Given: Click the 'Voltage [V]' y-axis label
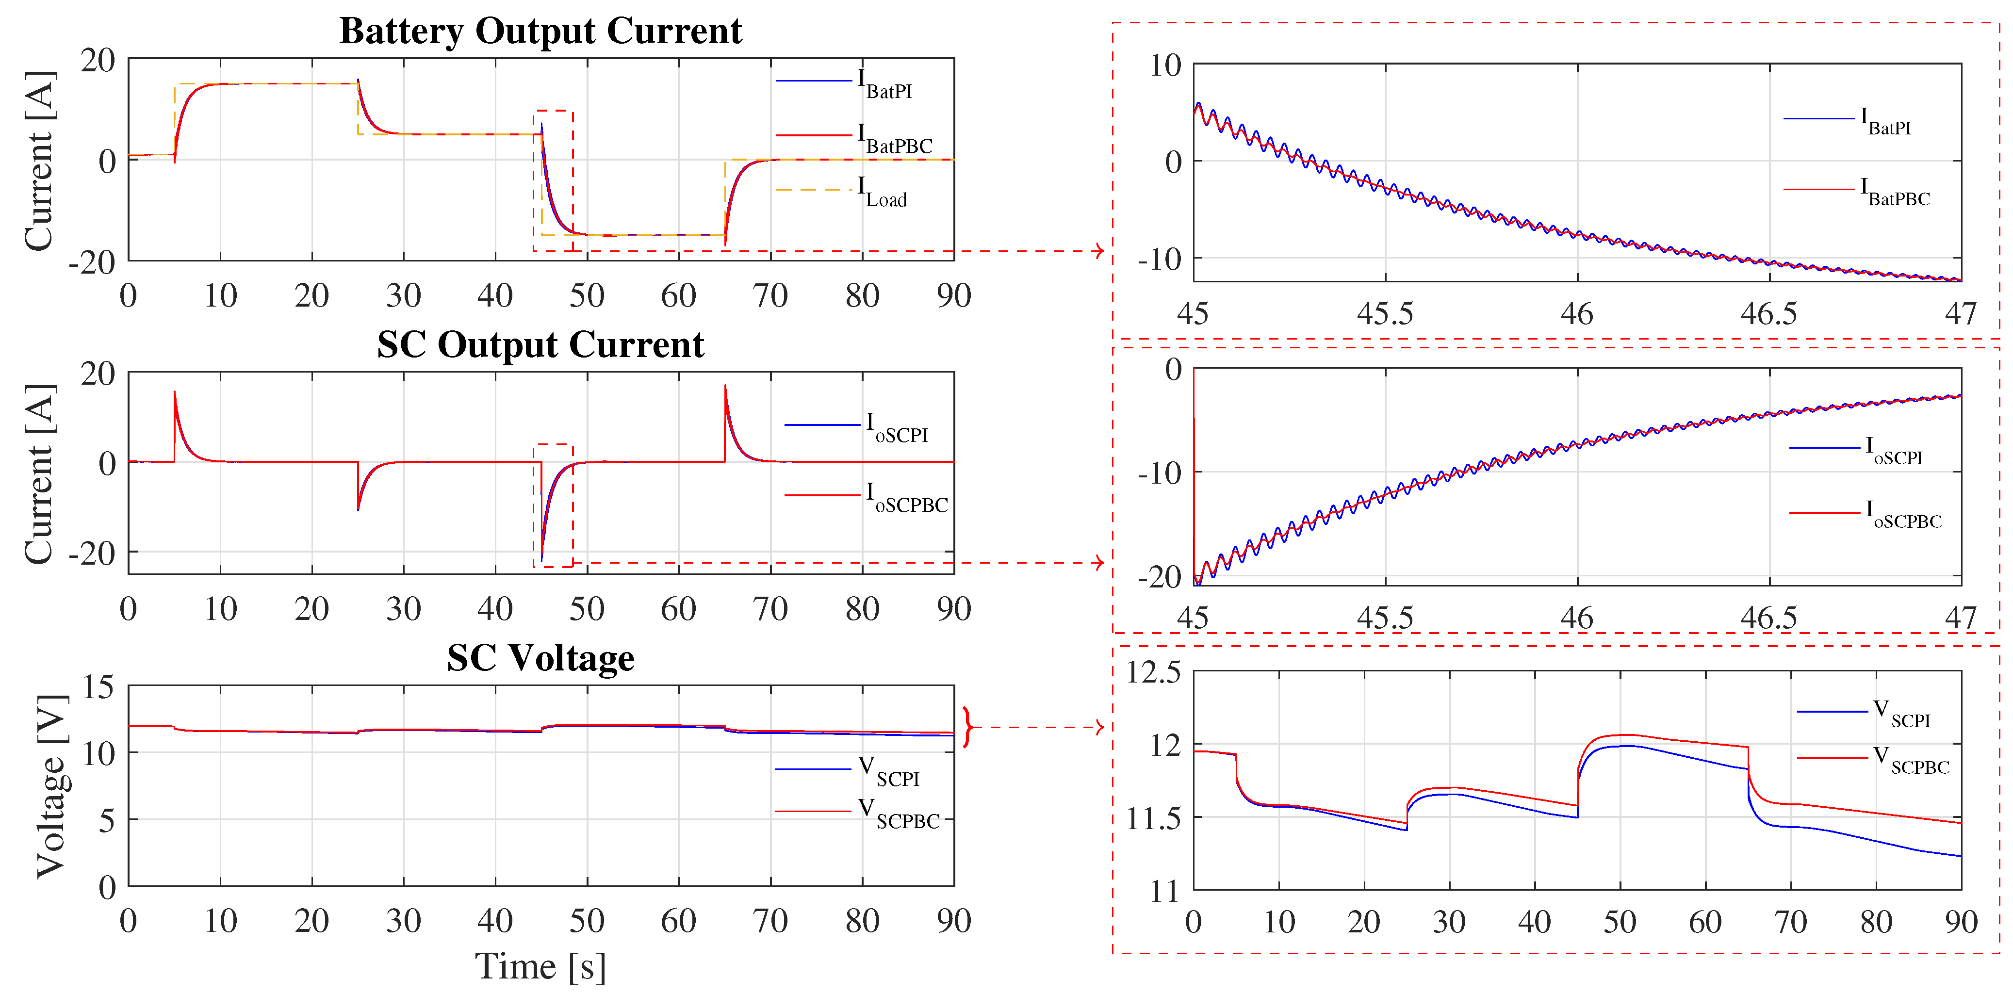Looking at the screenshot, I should click(51, 785).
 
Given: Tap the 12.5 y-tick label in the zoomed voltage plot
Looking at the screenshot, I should click(1153, 672).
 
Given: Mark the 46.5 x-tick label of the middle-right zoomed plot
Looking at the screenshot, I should click(1768, 618).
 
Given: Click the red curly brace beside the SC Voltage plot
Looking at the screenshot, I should click(968, 728).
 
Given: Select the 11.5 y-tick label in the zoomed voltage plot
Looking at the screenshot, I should click(1153, 818).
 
